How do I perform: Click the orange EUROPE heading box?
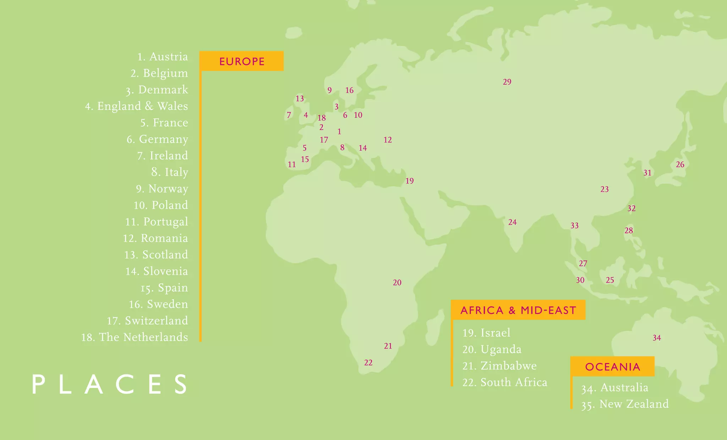coord(241,61)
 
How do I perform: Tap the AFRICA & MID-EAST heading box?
coord(518,310)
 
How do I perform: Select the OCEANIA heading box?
coord(612,367)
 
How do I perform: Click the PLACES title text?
coord(110,384)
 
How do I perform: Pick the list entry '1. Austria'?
coord(163,57)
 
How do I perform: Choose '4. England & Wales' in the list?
coord(137,106)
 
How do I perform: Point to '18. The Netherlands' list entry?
coord(135,337)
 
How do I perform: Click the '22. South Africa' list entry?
coord(504,382)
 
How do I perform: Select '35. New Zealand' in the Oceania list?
coord(625,404)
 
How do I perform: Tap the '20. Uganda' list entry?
coord(492,349)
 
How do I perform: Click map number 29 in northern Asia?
coord(507,82)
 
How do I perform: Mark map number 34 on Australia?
coord(657,338)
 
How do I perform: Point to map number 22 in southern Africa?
coord(368,363)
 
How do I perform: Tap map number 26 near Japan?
coord(680,165)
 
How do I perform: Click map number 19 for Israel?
coord(410,181)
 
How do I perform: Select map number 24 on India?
coord(512,222)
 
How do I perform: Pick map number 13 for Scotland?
coord(300,99)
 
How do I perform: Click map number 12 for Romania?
coord(388,140)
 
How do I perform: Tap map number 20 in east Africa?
coord(397,283)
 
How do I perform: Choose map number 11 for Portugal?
coord(291,165)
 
